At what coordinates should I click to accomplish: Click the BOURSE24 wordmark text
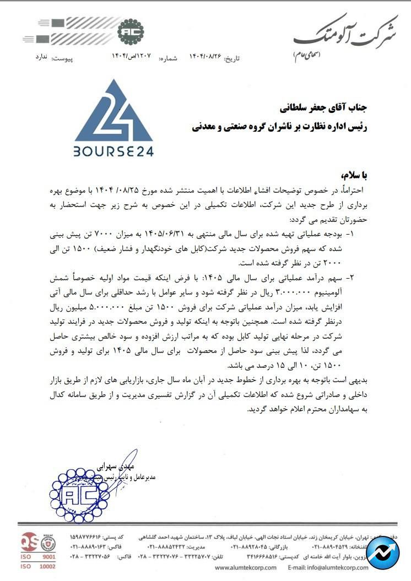coord(113,150)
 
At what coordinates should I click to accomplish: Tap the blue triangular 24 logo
coord(113,113)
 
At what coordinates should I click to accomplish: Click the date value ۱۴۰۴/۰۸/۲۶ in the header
coord(205,57)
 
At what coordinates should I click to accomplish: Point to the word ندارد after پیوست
coord(42,57)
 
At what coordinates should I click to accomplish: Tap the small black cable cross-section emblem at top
coord(131,31)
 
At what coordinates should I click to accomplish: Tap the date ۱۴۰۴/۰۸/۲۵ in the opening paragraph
coord(139,191)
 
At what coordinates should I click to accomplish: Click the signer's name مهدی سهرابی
coord(116,467)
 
